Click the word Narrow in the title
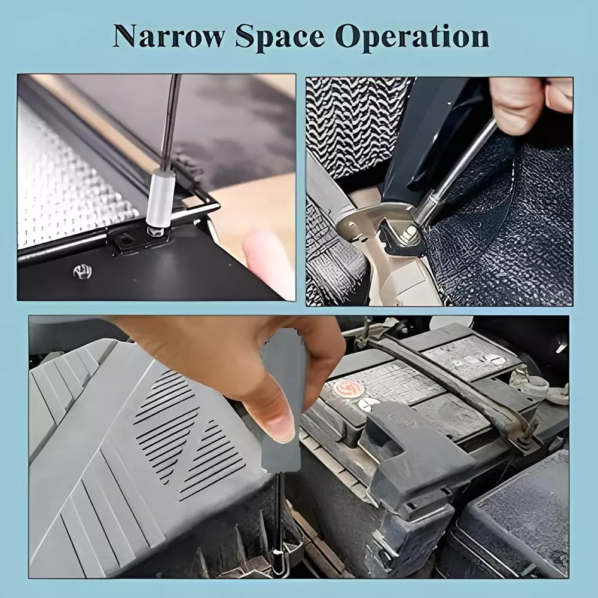(168, 37)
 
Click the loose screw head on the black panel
(83, 271)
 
